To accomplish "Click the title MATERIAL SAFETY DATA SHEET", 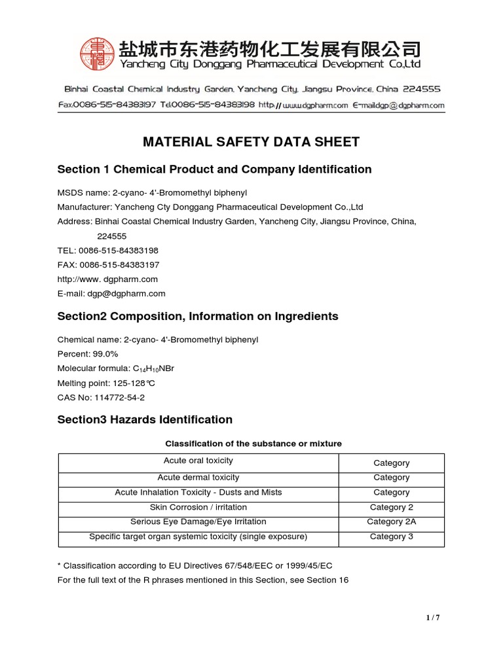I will tap(251, 142).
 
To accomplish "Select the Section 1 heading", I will tap(214, 169).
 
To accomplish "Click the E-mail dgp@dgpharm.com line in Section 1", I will tap(111, 294).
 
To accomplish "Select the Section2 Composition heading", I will tap(198, 317).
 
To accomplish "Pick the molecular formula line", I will tap(116, 368).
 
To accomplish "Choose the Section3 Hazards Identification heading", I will tap(145, 420).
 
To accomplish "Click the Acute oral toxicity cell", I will tap(198, 462).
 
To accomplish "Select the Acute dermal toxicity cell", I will tap(198, 478).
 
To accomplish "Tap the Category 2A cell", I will tap(391, 522).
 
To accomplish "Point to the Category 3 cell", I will tap(391, 537).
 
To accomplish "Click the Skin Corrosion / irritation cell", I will tap(198, 507).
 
